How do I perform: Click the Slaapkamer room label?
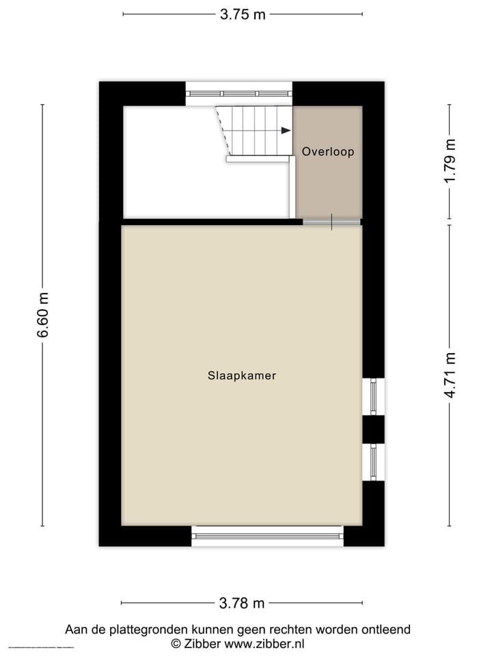coord(242,376)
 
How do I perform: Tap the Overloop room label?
coord(328,152)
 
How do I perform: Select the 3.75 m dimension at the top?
coord(243,14)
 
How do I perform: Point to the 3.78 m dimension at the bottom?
coord(242,603)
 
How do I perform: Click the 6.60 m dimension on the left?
coord(43,315)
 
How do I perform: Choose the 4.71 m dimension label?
coord(449,374)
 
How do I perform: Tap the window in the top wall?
coord(239,93)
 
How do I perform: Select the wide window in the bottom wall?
coord(267,536)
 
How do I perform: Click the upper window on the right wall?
coord(373,396)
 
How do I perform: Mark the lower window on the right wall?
coord(373,462)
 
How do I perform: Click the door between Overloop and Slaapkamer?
coord(331,221)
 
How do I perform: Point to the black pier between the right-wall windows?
coord(373,429)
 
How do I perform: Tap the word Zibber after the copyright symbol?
coord(202,643)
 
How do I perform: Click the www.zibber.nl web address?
coord(264,643)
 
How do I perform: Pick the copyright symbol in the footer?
coord(176,643)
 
